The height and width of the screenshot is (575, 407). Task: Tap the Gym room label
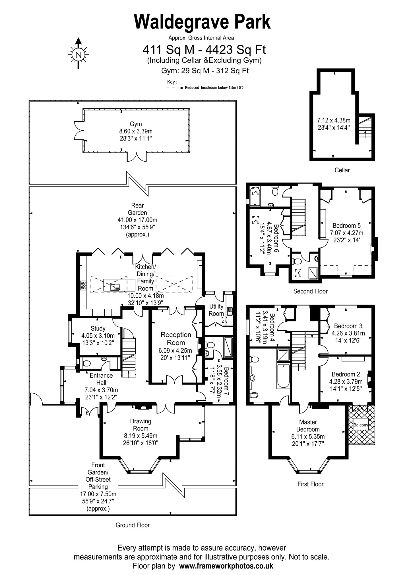coord(136,124)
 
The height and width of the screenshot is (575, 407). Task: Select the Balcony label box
coord(361,425)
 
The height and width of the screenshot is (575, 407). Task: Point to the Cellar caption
coord(342,170)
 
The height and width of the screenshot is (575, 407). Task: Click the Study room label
coord(98,329)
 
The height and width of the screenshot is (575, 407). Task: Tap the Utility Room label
coord(216,310)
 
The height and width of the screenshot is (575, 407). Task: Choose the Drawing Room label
coord(141,425)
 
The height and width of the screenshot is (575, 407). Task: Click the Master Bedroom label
coord(308,426)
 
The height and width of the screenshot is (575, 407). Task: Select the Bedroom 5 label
coord(346,226)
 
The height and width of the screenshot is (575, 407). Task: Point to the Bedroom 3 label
coord(348,326)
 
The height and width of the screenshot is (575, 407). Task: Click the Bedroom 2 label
coord(346,374)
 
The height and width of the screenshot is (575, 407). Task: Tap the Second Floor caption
coord(310,291)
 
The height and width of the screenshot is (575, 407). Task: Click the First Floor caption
coord(310,484)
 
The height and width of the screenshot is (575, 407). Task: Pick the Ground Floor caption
coord(133,525)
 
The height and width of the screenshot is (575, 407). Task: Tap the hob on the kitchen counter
coord(83,285)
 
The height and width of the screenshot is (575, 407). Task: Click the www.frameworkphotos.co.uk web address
coord(226,566)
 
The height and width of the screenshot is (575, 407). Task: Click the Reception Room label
coord(176,338)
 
